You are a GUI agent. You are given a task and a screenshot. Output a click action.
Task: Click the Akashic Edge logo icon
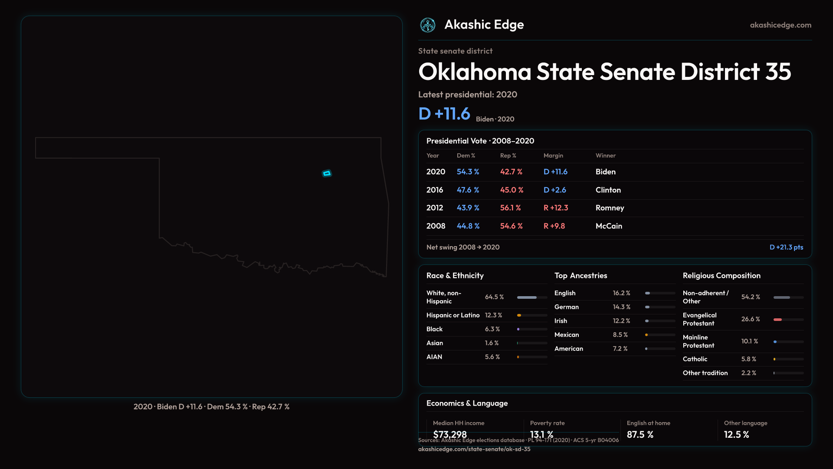[428, 25]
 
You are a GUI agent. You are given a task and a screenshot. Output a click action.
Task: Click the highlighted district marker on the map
[327, 173]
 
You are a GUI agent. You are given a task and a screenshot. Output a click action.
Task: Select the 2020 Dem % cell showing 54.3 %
[468, 172]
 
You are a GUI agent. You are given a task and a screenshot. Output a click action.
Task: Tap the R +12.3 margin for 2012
[556, 208]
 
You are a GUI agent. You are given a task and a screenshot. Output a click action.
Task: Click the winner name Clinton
[608, 190]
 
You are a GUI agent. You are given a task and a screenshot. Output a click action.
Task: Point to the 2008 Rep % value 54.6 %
[511, 226]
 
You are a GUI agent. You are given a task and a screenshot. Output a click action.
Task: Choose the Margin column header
[553, 155]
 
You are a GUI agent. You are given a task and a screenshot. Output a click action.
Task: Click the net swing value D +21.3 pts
[786, 247]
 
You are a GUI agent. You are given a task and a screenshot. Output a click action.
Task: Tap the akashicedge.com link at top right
[781, 25]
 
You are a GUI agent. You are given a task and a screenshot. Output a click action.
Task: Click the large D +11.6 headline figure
[444, 114]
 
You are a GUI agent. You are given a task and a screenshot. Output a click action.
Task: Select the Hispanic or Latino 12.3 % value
[493, 315]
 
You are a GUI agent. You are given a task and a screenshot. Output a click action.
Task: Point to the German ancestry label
[566, 307]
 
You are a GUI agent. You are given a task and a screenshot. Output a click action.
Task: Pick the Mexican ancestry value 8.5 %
[620, 335]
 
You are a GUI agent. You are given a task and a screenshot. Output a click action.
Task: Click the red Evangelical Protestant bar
[777, 320]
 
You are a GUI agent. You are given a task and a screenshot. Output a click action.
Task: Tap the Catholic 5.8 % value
[748, 359]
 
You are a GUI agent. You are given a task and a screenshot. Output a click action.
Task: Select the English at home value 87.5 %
[640, 435]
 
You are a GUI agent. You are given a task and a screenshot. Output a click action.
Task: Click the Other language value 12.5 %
[736, 435]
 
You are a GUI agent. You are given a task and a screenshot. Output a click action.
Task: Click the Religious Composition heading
[721, 276]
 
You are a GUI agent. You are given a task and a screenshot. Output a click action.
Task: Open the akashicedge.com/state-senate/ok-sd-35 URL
[474, 449]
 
